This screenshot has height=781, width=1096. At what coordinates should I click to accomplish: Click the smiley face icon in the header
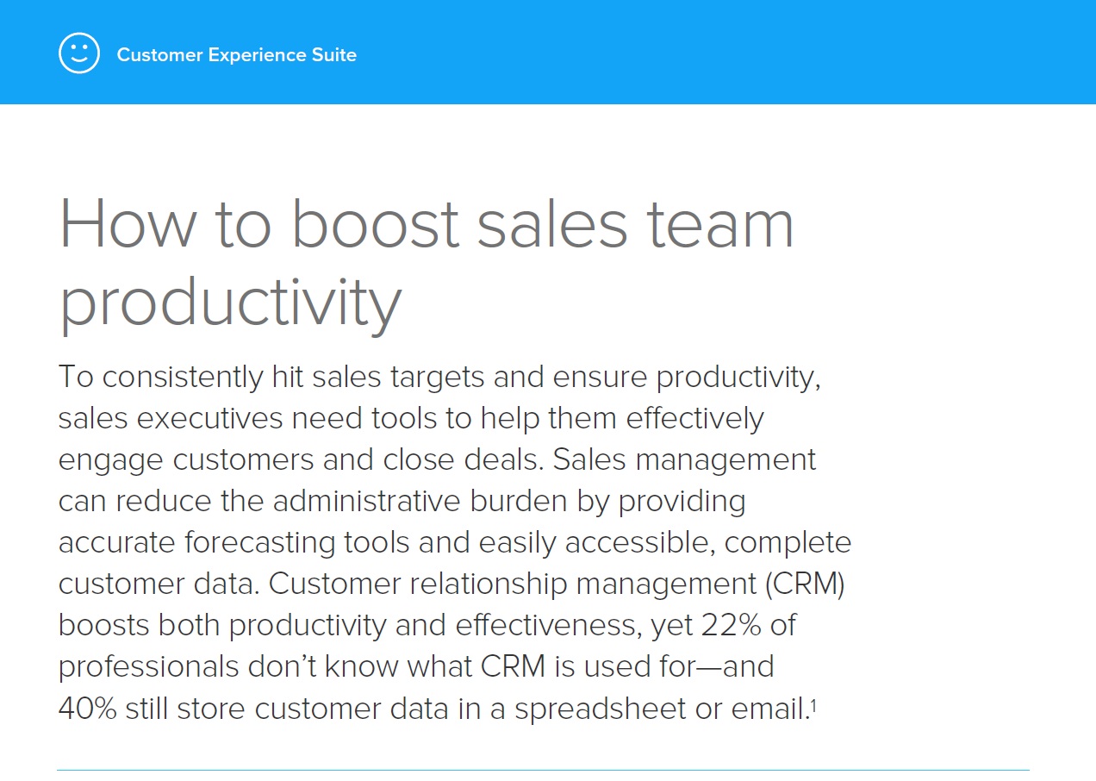(x=79, y=53)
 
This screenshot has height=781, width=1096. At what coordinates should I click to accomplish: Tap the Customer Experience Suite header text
(x=237, y=55)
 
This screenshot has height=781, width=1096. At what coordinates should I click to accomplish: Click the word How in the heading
(x=128, y=224)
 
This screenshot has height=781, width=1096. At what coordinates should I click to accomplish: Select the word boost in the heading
(x=376, y=224)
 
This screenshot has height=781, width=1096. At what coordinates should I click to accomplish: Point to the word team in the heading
(x=719, y=225)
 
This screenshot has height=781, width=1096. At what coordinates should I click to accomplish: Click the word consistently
(x=183, y=378)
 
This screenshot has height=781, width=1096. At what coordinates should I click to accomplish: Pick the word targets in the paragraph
(x=437, y=378)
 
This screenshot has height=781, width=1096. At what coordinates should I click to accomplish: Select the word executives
(x=209, y=419)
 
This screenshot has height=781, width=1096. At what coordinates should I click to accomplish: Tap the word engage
(x=110, y=461)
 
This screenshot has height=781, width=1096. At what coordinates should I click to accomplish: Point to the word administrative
(x=366, y=501)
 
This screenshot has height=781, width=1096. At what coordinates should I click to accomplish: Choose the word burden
(x=519, y=501)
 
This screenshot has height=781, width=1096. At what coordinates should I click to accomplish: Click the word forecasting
(x=260, y=544)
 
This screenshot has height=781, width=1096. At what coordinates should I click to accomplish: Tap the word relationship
(x=488, y=584)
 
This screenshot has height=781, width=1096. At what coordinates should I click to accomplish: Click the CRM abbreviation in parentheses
(x=805, y=584)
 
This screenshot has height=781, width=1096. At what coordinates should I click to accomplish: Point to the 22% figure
(x=732, y=626)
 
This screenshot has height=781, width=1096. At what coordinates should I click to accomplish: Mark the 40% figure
(x=88, y=709)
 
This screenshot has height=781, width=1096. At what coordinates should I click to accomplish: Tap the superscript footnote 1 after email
(x=813, y=704)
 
